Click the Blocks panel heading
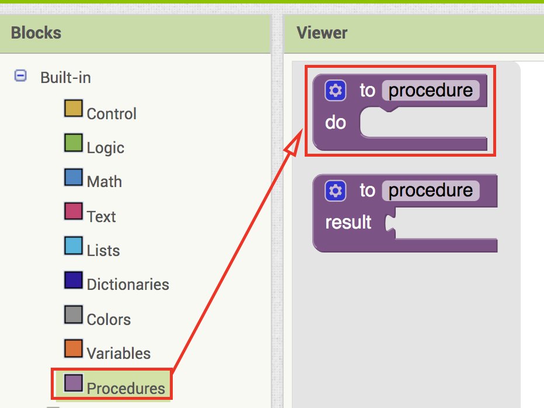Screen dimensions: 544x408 36,33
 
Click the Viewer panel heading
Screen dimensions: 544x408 322,33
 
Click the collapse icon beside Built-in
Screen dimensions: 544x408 20,75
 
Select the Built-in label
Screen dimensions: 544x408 65,78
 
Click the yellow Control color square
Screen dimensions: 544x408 74,108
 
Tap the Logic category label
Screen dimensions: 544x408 106,148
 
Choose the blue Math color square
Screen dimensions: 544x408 74,177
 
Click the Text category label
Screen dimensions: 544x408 102,216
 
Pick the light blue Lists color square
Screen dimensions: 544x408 74,246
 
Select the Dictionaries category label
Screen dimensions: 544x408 128,284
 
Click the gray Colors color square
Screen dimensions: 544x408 74,314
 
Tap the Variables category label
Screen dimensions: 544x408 118,354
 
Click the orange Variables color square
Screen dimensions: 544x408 74,348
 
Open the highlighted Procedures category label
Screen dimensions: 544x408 126,388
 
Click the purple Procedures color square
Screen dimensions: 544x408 74,383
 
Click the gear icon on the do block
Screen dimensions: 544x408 336,91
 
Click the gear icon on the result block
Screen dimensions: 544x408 336,191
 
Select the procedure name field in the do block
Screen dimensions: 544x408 431,91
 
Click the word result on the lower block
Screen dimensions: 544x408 348,222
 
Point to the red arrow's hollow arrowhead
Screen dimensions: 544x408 294,143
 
